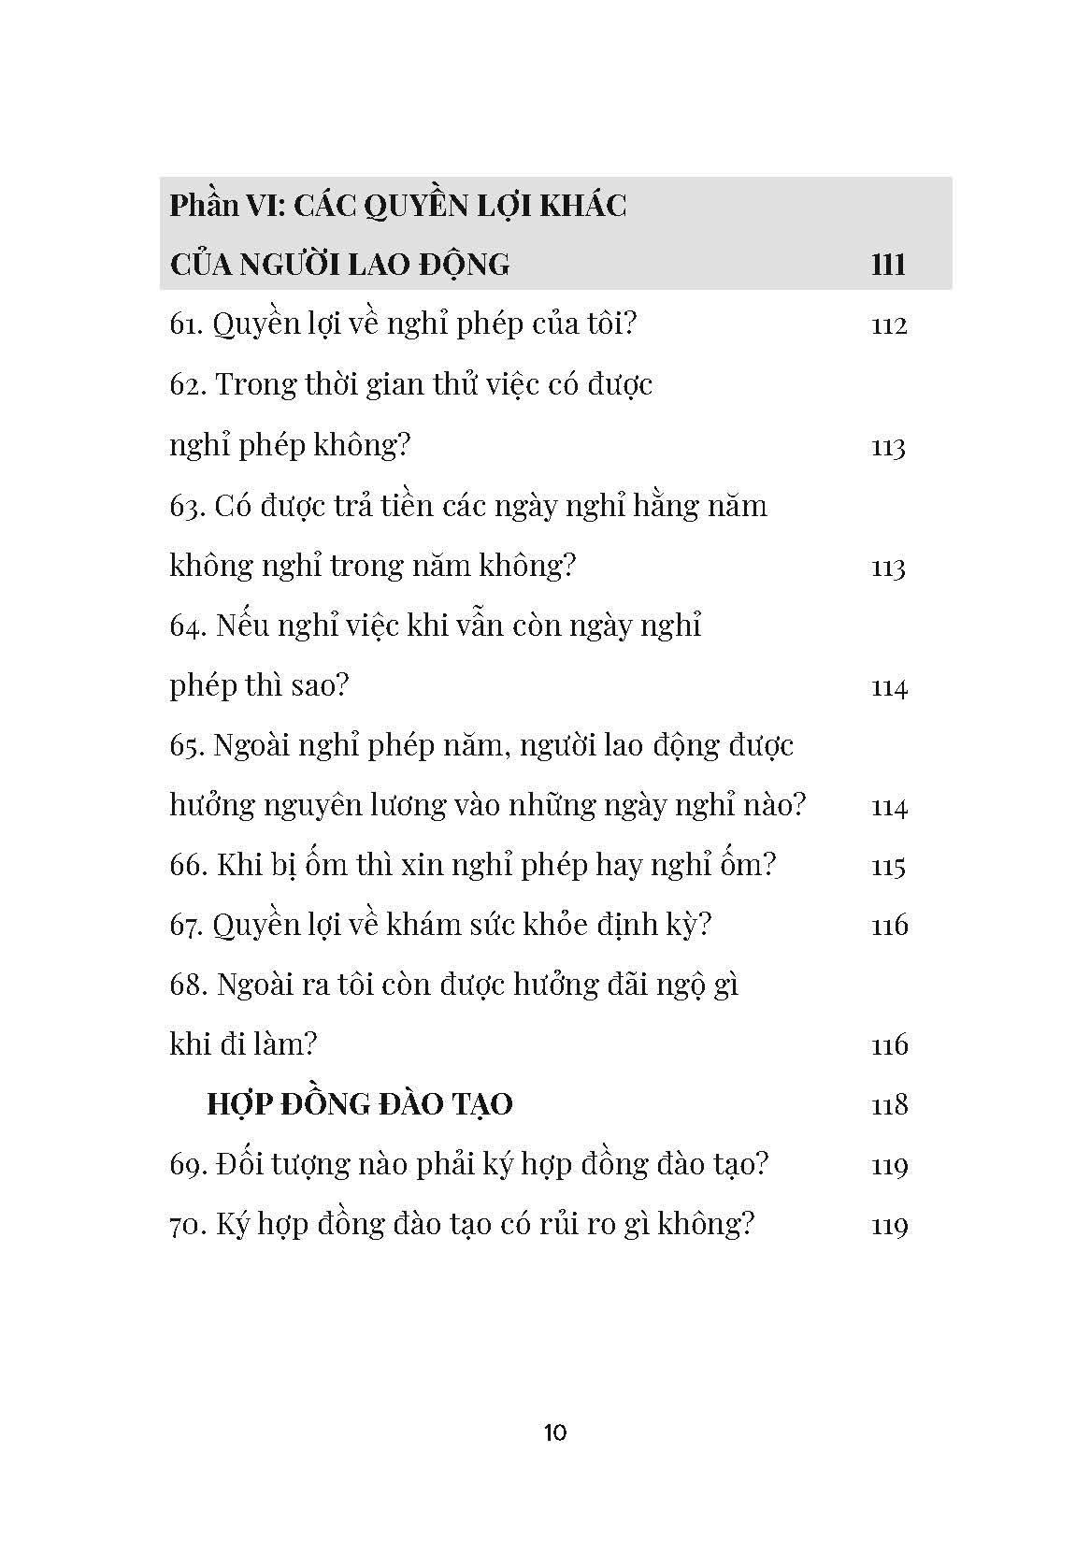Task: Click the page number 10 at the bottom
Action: click(554, 1432)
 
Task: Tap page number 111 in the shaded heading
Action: click(888, 265)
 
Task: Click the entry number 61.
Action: click(187, 325)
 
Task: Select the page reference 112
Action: click(889, 326)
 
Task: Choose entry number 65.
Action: click(187, 746)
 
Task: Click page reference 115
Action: click(889, 867)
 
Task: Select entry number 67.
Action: click(187, 926)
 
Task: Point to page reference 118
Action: click(889, 1105)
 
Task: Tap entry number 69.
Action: click(187, 1165)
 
